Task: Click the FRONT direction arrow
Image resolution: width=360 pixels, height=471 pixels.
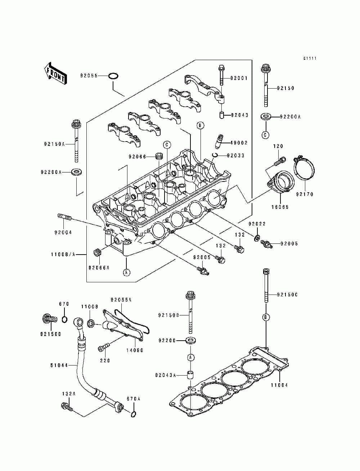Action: click(55, 74)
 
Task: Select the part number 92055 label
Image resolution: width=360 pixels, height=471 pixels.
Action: click(89, 76)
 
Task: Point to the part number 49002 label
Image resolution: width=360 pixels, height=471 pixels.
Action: click(239, 143)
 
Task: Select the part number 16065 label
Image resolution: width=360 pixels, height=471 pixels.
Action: click(280, 207)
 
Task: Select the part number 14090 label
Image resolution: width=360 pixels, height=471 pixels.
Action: click(135, 350)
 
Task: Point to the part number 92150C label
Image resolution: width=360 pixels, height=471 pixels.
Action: click(287, 295)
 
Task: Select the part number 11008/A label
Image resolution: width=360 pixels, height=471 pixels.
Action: click(63, 255)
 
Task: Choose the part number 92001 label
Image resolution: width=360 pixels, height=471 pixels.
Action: click(239, 78)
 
